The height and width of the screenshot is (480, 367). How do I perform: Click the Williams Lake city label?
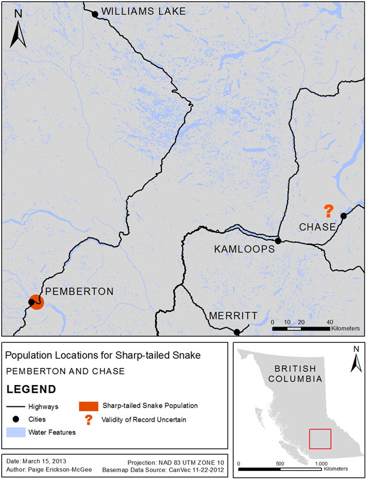(144, 11)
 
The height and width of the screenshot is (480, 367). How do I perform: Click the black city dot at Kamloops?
(277, 241)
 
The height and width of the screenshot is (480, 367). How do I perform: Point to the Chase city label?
(317, 227)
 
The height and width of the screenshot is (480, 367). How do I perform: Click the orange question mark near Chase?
(329, 210)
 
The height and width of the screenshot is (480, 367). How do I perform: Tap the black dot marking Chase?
(343, 216)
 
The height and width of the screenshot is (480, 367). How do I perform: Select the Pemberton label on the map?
(79, 291)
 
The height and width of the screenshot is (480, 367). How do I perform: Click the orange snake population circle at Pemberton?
(36, 302)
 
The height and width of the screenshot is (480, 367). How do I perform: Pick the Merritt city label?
(233, 316)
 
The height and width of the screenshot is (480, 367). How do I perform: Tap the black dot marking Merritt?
(237, 332)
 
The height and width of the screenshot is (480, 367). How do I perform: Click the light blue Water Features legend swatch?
(18, 431)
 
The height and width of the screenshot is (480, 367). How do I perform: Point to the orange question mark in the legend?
(88, 420)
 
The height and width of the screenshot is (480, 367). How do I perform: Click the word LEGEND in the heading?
(31, 389)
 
